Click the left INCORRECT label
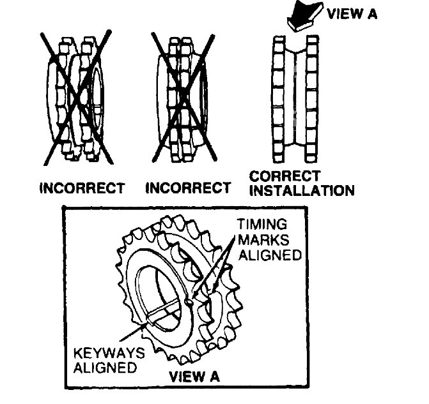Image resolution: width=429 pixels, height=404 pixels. (x=82, y=188)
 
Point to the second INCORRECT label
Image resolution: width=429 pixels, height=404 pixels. (x=188, y=188)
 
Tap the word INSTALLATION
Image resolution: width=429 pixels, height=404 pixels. (x=302, y=190)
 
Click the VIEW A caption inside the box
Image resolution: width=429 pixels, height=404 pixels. (x=194, y=376)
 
